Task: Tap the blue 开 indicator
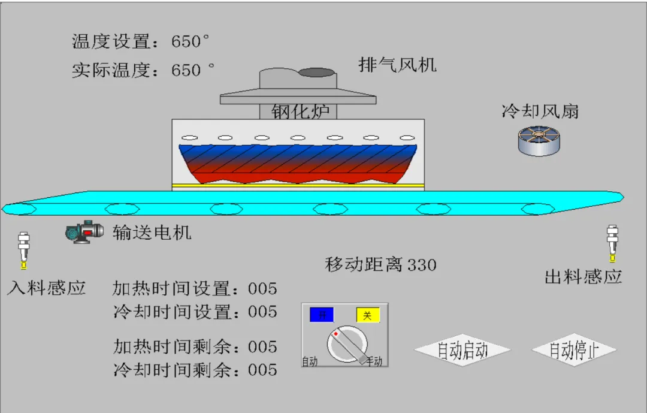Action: pyautogui.click(x=321, y=315)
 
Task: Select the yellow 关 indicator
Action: pyautogui.click(x=368, y=315)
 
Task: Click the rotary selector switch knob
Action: pyautogui.click(x=347, y=345)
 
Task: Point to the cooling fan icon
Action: pyautogui.click(x=539, y=141)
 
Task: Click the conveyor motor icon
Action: pyautogui.click(x=84, y=231)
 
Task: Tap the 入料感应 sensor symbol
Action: pyautogui.click(x=24, y=249)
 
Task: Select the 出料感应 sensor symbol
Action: pyautogui.click(x=612, y=243)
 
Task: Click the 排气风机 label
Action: pyautogui.click(x=398, y=64)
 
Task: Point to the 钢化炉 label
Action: pyautogui.click(x=300, y=111)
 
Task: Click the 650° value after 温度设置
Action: pyautogui.click(x=191, y=41)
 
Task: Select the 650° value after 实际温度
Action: pyautogui.click(x=192, y=70)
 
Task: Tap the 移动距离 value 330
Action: pyautogui.click(x=422, y=264)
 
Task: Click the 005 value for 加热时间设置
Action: pyautogui.click(x=262, y=289)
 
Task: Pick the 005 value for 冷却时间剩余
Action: pyautogui.click(x=262, y=370)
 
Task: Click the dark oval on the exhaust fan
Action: pyautogui.click(x=316, y=73)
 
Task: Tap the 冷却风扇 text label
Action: pyautogui.click(x=540, y=111)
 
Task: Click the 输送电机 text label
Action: pyautogui.click(x=152, y=232)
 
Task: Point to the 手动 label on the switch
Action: pyautogui.click(x=374, y=361)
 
